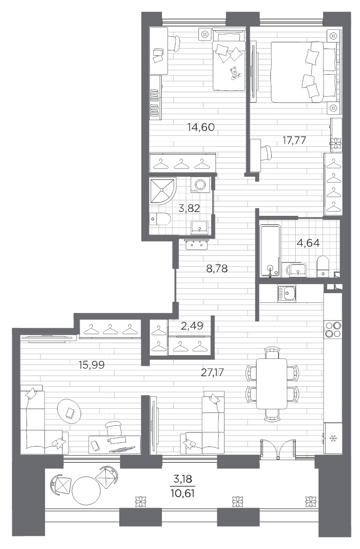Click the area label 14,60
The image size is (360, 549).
point(201,127)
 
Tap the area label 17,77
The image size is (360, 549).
point(294,140)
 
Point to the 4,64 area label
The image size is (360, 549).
point(308,243)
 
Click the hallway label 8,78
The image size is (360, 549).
point(217,269)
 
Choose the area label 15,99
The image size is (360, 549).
point(91,365)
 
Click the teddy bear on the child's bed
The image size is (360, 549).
point(234,73)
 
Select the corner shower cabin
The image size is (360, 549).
point(163,191)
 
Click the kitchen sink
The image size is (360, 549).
point(287,294)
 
